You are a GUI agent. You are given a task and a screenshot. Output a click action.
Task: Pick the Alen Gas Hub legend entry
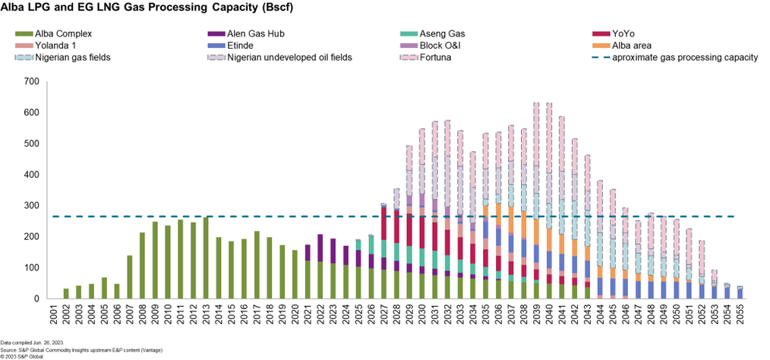tap(257, 33)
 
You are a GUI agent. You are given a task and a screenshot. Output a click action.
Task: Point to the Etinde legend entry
tap(247, 46)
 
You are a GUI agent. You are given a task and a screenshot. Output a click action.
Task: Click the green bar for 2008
tap(142, 266)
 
